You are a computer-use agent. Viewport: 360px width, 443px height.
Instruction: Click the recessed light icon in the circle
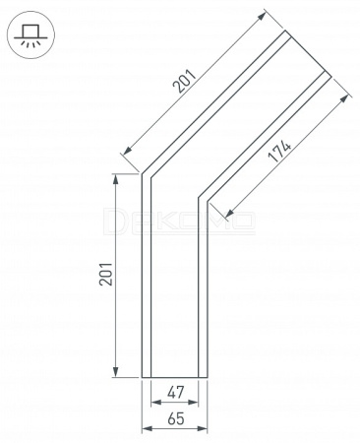[30, 35]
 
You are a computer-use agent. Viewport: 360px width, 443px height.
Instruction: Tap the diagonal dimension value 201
[185, 81]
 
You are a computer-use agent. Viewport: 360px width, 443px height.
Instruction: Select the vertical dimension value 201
[106, 274]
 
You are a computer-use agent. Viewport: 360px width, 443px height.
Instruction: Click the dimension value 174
[279, 152]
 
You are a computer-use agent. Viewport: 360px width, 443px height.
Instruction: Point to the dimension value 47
[176, 392]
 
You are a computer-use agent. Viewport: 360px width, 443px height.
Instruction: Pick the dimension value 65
[176, 418]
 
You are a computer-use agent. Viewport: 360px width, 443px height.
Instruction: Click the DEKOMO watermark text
[179, 221]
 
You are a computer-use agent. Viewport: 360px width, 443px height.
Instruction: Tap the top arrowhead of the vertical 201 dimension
[115, 179]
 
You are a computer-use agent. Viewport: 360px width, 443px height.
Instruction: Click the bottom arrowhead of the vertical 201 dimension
[115, 372]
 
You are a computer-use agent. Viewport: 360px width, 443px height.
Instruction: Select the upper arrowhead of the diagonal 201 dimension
[262, 16]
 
